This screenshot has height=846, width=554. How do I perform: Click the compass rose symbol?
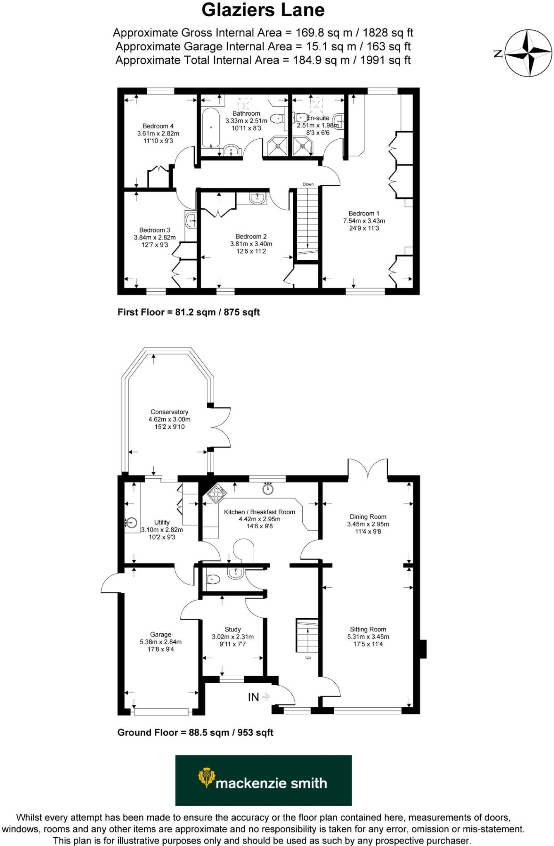coord(529,53)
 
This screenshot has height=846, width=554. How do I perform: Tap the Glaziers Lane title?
coord(263,10)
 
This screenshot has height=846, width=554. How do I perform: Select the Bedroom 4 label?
coord(158,126)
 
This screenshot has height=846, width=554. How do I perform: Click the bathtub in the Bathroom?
coord(211,127)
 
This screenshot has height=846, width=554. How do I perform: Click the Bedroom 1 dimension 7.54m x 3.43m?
coord(364,221)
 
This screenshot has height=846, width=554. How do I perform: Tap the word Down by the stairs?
coord(308,184)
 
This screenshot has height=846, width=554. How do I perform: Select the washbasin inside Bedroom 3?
coord(191,221)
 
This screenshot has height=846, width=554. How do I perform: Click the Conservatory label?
coord(169,412)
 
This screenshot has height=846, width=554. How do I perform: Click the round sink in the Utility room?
coord(131,522)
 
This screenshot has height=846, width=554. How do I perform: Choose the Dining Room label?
coord(368,517)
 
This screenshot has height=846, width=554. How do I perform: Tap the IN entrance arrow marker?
coord(259,697)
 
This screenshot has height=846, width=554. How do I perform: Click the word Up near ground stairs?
coord(308,658)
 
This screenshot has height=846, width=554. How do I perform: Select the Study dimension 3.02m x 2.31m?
coord(233,637)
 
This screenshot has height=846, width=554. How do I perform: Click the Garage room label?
coord(160,634)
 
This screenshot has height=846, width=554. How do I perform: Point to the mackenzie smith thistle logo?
coord(206,778)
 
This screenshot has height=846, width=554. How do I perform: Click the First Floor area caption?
coord(189,312)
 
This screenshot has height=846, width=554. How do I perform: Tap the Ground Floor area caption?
coord(195,732)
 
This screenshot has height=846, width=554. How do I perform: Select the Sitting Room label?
coord(368,630)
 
